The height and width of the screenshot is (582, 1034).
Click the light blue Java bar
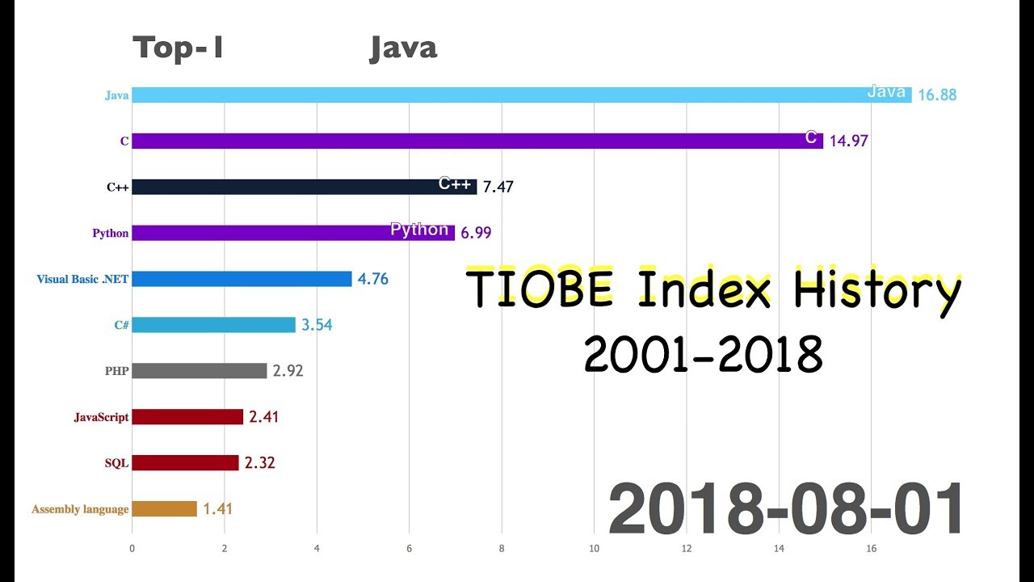point(485,95)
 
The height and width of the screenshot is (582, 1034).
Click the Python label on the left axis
point(111,234)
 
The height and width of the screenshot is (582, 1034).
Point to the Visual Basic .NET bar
point(242,279)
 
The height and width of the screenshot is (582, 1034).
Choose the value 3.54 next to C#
point(317,325)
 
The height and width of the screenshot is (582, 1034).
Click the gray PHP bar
point(200,371)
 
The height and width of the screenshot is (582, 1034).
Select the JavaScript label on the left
point(101,417)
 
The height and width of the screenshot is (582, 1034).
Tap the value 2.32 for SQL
point(259,463)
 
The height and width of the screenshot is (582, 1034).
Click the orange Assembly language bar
point(165,509)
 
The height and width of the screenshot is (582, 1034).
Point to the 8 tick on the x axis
point(502,548)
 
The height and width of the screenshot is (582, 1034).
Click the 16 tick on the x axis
point(871,548)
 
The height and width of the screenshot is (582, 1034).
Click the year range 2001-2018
point(703,354)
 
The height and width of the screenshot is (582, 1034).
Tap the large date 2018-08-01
point(785,509)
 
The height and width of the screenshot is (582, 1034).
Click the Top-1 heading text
point(178,48)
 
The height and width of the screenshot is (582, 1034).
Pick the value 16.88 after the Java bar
point(937,95)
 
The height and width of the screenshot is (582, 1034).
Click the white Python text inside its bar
point(419,230)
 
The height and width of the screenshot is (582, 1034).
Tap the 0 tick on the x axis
point(132,548)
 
